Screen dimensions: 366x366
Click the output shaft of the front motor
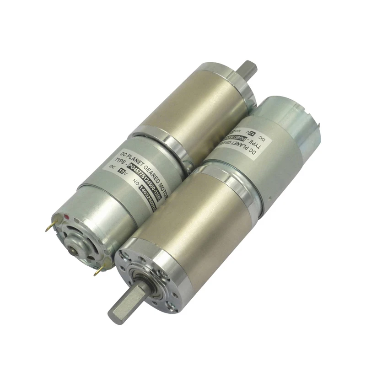coord(125,302)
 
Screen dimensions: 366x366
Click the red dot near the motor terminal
coord(67,213)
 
